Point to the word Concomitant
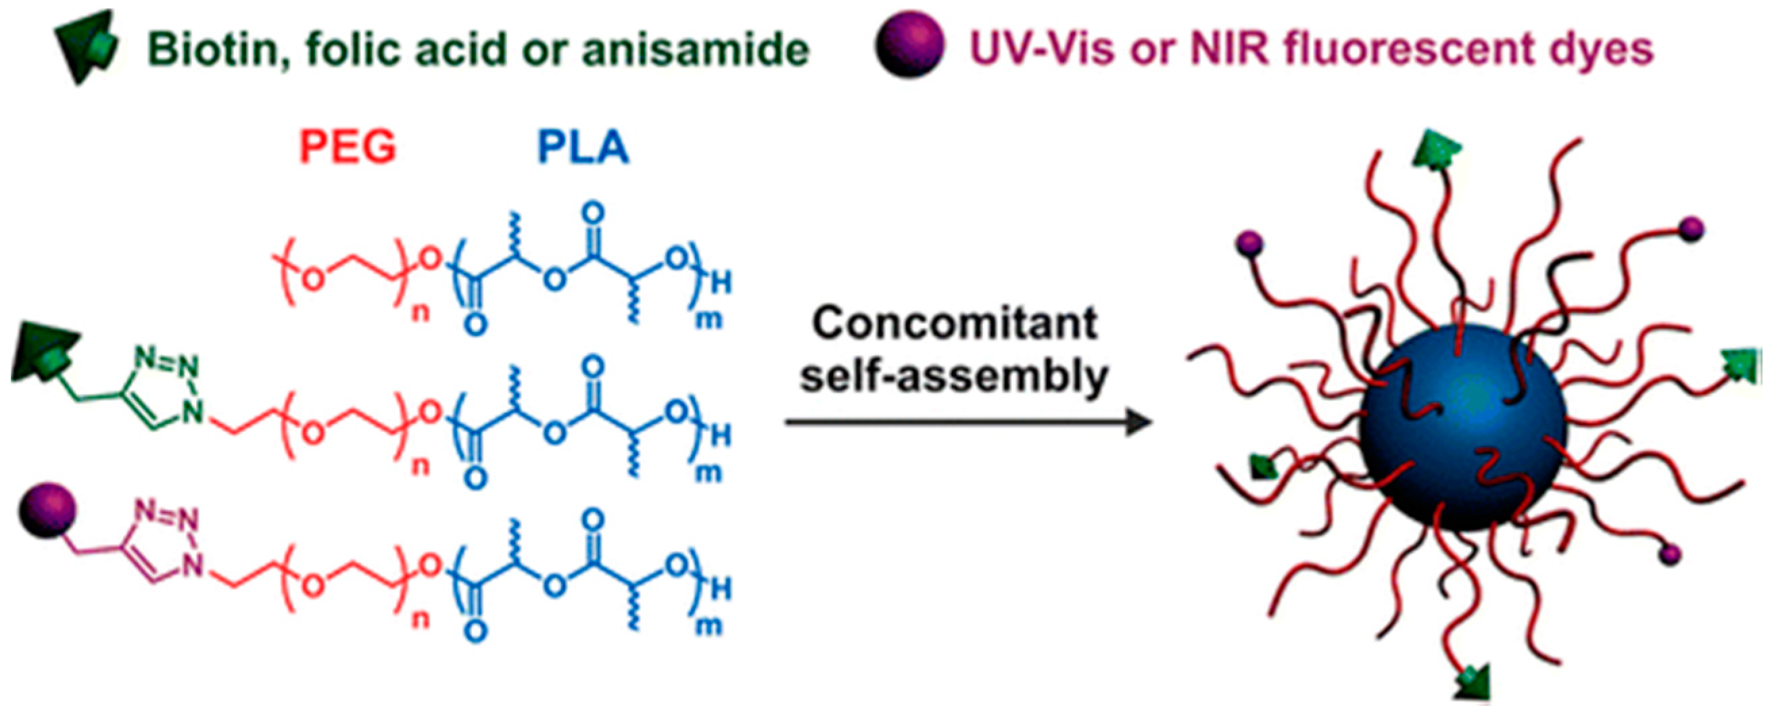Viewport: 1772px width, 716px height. tap(955, 323)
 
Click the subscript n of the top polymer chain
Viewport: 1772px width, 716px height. tap(421, 313)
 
